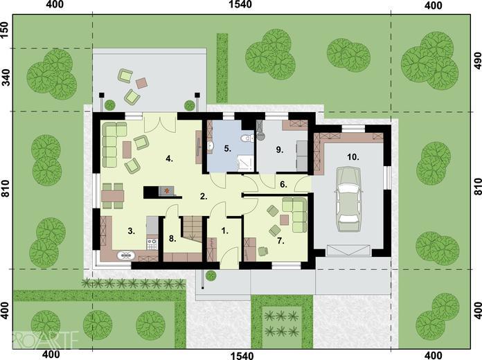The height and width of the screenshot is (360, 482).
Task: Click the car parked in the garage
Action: pos(348,199)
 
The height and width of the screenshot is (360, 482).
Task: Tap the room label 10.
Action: pos(353,157)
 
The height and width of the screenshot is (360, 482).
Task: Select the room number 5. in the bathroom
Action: pos(227,149)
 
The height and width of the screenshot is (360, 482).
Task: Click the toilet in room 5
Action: pos(247,138)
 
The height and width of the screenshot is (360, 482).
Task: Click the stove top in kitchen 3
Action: pos(152,244)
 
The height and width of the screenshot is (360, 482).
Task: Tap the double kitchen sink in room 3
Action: pos(126,255)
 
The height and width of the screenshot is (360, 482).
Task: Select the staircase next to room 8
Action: pos(193,228)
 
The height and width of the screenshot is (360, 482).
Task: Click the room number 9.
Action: pos(279,150)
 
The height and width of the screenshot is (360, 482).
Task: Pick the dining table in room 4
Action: pos(113,196)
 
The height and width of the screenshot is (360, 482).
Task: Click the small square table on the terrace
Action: pos(141,82)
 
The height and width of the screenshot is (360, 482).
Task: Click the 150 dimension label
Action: pos(6,30)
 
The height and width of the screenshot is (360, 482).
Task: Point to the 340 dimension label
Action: pos(6,77)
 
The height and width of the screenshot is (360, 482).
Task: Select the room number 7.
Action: pos(280,241)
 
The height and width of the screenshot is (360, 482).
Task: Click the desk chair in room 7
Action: pos(263,251)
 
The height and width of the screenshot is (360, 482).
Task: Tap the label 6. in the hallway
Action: pos(283,184)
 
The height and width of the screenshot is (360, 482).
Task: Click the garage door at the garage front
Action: pos(348,250)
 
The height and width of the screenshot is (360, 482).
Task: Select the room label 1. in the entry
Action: pos(225,231)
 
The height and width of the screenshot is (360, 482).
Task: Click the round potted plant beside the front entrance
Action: pos(211,276)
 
